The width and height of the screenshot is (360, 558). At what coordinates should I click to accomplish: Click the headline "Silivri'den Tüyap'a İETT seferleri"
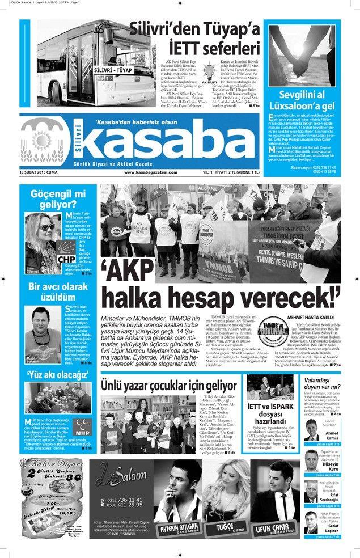(x=193, y=39)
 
